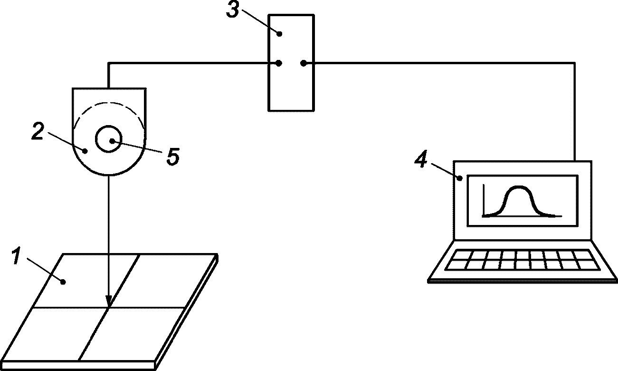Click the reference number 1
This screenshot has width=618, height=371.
17,256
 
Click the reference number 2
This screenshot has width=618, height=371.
38,131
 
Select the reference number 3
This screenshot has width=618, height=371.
232,10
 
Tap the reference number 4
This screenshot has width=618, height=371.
421,159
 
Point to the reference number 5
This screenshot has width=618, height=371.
173,156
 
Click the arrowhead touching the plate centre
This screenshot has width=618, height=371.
109,301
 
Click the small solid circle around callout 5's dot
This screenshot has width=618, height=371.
109,139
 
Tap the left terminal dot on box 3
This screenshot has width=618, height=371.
279,63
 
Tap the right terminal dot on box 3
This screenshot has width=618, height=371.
304,63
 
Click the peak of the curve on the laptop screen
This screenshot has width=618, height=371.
519,187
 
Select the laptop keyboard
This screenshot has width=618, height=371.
522,260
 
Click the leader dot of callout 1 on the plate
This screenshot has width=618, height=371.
63,282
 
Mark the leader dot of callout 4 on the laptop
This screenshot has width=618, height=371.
460,178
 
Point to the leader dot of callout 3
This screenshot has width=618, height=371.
279,34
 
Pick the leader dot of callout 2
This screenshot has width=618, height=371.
85,151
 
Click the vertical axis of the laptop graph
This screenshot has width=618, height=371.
484,200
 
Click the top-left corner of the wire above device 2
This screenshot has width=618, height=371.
109,63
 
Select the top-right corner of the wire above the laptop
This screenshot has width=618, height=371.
575,63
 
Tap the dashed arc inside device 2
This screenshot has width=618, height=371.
109,103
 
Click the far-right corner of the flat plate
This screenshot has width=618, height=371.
218,254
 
